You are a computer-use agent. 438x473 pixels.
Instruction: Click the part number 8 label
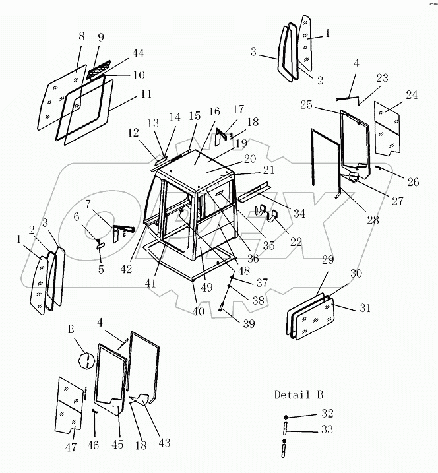pyautogui.click(x=81, y=37)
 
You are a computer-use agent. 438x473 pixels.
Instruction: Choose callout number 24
pyautogui.click(x=412, y=95)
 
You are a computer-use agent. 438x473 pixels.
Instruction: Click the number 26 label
pyautogui.click(x=412, y=183)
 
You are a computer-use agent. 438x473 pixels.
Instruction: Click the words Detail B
pyautogui.click(x=299, y=395)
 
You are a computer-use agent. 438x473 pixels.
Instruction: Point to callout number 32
pyautogui.click(x=328, y=414)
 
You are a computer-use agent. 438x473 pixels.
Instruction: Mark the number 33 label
pyautogui.click(x=328, y=429)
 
